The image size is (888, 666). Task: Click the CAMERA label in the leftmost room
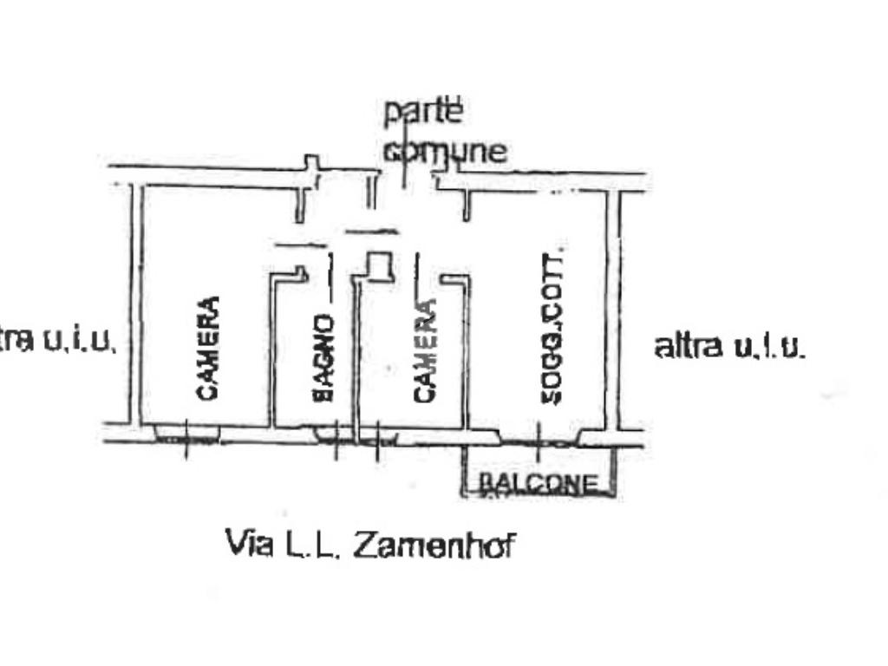tap(208, 349)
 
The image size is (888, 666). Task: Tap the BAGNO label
tap(323, 358)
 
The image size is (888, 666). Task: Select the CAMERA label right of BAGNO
tap(424, 351)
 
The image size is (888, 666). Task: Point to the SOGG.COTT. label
tap(552, 326)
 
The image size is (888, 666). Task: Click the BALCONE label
tap(539, 483)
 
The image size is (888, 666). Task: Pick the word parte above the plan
tap(424, 112)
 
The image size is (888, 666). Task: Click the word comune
tap(446, 151)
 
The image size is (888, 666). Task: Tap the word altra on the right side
tap(688, 346)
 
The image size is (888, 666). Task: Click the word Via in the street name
tap(247, 544)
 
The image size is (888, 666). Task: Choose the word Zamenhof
tap(434, 545)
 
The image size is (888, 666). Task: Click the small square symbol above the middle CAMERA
tap(379, 265)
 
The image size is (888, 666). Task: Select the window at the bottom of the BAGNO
tap(334, 434)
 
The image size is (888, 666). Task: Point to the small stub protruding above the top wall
tap(311, 162)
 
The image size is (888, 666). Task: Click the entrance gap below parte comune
tap(406, 182)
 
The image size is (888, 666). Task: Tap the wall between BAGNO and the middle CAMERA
tap(356, 356)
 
